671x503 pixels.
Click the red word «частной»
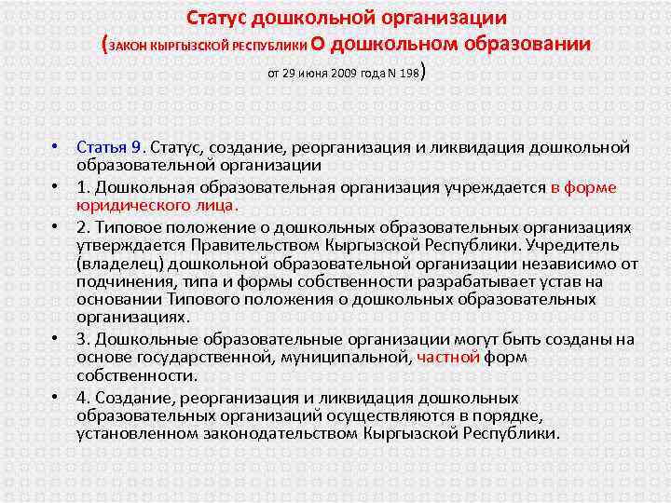[447, 357]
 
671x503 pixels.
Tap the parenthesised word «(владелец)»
[120, 264]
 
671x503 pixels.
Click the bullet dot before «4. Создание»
[56, 396]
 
